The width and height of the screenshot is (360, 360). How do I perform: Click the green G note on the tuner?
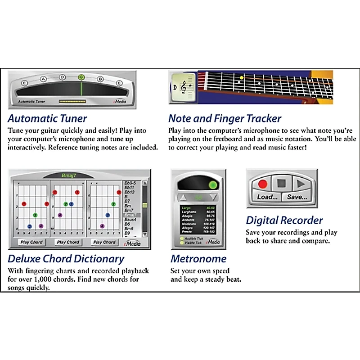[x=81, y=77]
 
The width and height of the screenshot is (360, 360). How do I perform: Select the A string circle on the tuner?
[x=44, y=79]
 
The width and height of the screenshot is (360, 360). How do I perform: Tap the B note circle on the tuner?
[x=101, y=79]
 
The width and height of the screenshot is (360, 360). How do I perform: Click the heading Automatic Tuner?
[x=47, y=119]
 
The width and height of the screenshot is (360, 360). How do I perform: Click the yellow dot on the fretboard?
[x=241, y=77]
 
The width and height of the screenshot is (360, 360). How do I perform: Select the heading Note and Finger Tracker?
[x=225, y=119]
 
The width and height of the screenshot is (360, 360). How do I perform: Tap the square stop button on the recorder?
[x=281, y=184]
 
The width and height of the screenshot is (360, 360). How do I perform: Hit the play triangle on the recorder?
[x=300, y=184]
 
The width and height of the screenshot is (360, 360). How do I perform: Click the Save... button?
[x=297, y=197]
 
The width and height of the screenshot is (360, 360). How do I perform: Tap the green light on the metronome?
[x=213, y=185]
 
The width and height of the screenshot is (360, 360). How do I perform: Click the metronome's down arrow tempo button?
[x=214, y=198]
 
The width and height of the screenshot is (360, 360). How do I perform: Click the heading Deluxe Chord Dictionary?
[x=66, y=259]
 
